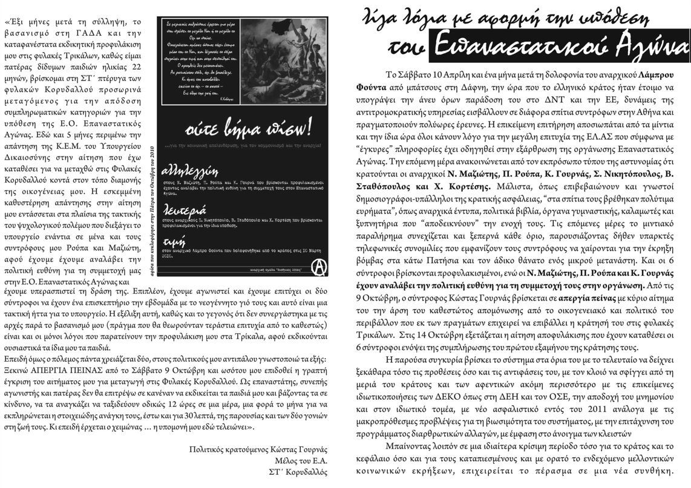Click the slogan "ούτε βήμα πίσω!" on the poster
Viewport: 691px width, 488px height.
click(236, 127)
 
